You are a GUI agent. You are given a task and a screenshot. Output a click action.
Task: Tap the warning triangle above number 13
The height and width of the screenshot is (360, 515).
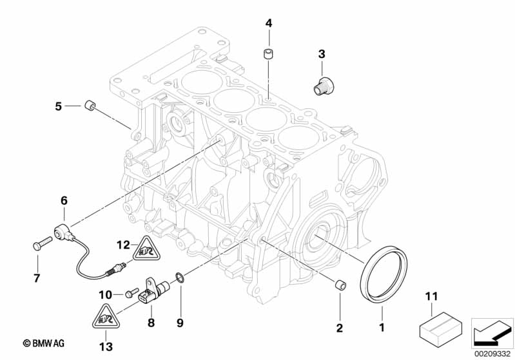pos(103,317)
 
